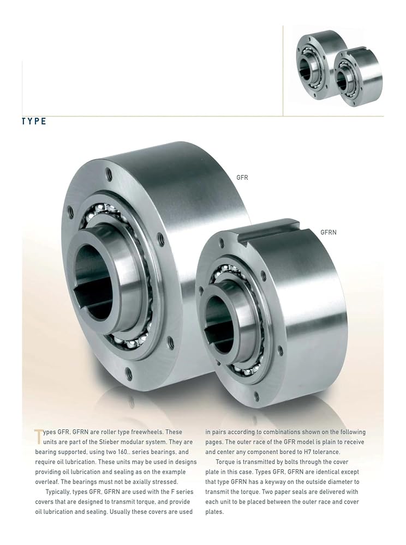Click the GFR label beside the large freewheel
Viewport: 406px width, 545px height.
[242, 178]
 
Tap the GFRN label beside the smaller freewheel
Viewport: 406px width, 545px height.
[329, 232]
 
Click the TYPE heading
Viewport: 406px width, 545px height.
[34, 122]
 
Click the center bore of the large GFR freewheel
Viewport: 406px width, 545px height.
[94, 282]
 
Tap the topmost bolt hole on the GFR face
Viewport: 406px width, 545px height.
[110, 172]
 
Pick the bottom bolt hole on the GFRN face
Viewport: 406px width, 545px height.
[258, 395]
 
